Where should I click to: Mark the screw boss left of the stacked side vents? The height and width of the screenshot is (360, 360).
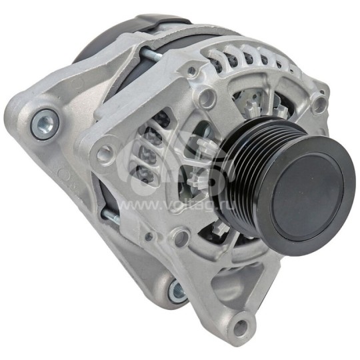pyautogui.click(x=104, y=155)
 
